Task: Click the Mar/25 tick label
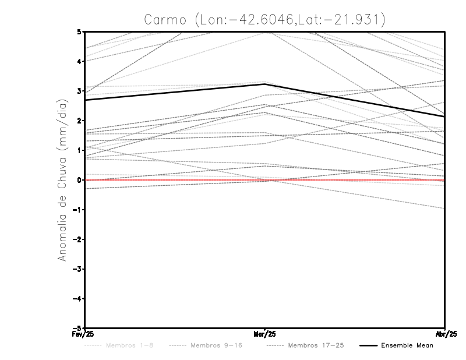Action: pos(265,334)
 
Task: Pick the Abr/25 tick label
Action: pos(445,334)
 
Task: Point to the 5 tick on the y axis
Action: pos(79,31)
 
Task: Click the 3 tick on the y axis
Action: pos(79,91)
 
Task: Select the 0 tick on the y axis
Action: pos(79,180)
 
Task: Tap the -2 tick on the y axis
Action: pos(78,239)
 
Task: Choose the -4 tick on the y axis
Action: pos(78,299)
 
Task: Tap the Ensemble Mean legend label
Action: pos(407,345)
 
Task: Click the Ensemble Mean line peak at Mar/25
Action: pos(265,84)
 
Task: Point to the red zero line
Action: pos(175,180)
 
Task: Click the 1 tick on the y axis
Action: pos(79,150)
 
